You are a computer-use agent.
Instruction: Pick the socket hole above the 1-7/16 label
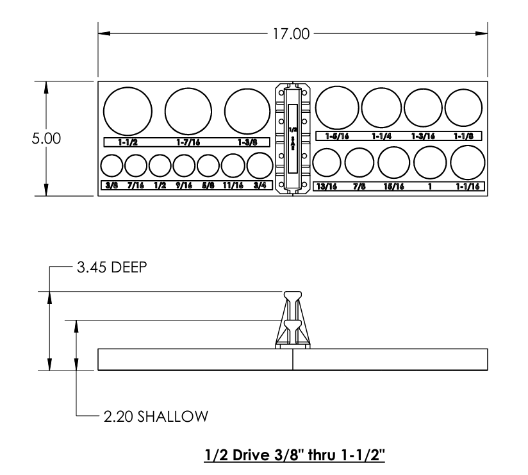188,111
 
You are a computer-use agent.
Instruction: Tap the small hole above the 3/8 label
111,166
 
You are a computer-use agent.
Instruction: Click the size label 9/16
184,185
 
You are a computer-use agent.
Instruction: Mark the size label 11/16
233,185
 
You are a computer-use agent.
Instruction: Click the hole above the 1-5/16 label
337,108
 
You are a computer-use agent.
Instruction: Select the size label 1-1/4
383,135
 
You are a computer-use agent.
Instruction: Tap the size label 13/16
325,186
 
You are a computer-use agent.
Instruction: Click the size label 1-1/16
466,186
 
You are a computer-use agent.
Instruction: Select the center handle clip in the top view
293,138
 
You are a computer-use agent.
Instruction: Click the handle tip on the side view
293,296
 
